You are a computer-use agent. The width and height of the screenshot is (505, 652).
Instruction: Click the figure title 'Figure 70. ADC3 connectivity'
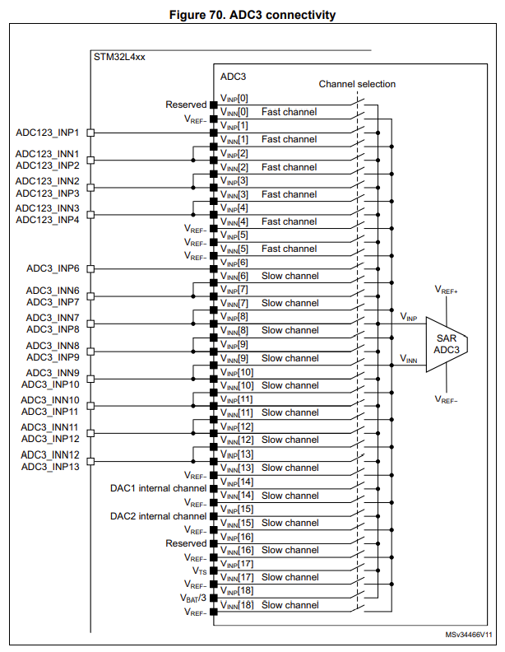click(252, 15)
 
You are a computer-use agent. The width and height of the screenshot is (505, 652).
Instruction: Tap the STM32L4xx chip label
click(119, 58)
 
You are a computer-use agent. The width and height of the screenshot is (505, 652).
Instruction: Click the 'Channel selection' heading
click(357, 84)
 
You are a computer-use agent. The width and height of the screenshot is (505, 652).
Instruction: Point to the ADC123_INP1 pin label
click(47, 132)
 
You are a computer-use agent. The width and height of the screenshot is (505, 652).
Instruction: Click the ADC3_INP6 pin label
click(53, 268)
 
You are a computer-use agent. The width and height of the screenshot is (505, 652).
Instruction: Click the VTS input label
click(199, 570)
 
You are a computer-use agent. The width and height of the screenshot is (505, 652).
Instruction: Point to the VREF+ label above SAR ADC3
click(447, 291)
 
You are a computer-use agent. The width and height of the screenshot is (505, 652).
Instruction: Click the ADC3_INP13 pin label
click(50, 467)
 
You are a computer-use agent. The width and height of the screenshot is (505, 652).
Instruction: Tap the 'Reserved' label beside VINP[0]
click(186, 105)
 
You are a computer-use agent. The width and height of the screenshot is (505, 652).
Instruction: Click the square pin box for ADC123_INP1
click(91, 132)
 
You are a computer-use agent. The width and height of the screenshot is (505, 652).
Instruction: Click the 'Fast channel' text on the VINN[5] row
click(289, 249)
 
